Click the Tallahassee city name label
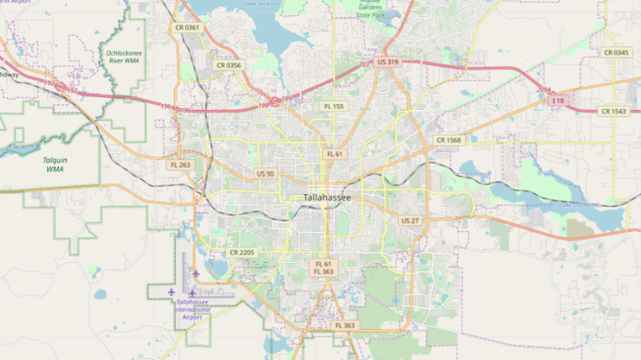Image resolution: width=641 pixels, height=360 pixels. tap(333, 197)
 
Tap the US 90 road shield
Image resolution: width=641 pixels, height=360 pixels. tap(265, 174)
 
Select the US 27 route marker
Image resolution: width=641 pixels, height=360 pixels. tap(409, 220)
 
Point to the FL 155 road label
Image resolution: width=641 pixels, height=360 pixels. tap(333, 106)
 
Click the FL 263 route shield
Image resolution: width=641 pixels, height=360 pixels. tap(181, 165)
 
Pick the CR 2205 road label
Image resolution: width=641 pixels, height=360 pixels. tap(242, 253)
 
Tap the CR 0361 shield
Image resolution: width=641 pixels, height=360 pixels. tap(187, 28)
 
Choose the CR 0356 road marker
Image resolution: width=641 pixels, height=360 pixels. tap(228, 65)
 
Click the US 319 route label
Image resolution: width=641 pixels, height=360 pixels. tap(388, 62)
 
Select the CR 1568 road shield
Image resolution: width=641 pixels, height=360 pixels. tap(449, 140)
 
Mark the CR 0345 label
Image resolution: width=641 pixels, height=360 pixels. tap(615, 52)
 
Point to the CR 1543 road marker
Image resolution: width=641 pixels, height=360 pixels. tap(613, 111)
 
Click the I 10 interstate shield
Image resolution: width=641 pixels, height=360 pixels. tap(558, 100)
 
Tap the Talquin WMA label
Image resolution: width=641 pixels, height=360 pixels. tap(54, 164)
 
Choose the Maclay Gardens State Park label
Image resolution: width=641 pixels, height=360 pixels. tap(371, 10)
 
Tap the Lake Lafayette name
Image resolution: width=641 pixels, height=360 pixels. tap(578, 205)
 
